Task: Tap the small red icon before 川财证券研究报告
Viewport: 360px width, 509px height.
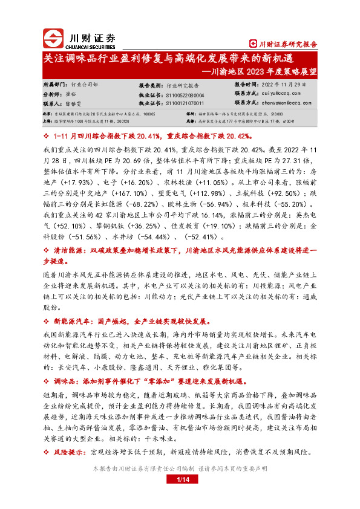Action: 253,43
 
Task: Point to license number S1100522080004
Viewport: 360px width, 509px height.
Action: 185,95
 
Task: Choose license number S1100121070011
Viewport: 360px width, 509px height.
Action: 185,103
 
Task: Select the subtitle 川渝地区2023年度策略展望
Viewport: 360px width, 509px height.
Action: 266,70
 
